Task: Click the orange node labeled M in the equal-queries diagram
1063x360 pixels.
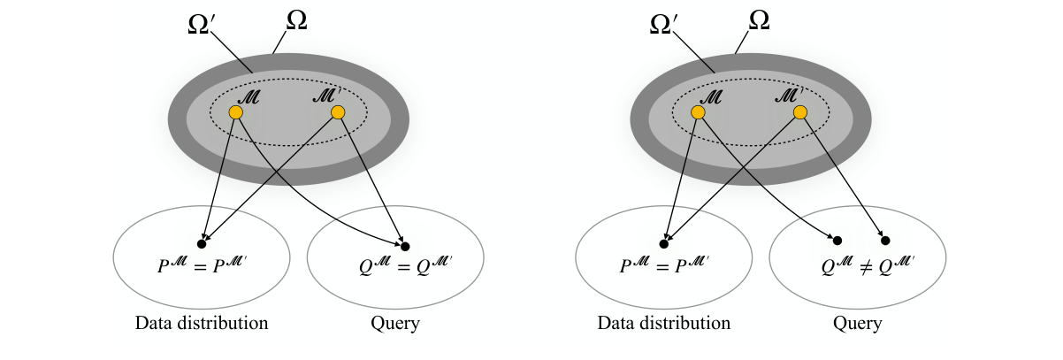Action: pyautogui.click(x=235, y=112)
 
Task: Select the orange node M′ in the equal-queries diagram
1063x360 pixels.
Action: pyautogui.click(x=337, y=112)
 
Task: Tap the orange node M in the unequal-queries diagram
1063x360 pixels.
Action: pyautogui.click(x=698, y=112)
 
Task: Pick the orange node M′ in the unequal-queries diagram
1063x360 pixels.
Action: pyautogui.click(x=799, y=112)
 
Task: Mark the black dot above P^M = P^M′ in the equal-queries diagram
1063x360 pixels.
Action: pyautogui.click(x=202, y=243)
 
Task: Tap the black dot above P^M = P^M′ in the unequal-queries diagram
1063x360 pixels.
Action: pyautogui.click(x=664, y=243)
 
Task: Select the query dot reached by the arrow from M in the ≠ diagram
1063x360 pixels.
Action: pyautogui.click(x=837, y=240)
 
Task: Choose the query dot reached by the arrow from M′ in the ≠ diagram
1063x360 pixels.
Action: pyautogui.click(x=885, y=240)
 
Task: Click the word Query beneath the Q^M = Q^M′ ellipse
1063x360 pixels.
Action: pyautogui.click(x=394, y=323)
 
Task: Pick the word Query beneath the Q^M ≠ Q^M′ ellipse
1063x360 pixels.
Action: pyautogui.click(x=857, y=323)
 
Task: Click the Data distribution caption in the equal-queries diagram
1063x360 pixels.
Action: pyautogui.click(x=202, y=323)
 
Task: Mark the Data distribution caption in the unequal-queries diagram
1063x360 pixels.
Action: pyautogui.click(x=664, y=323)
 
